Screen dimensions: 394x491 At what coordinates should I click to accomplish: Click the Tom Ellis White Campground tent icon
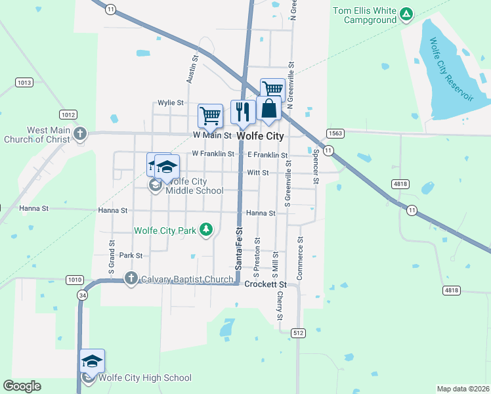406,13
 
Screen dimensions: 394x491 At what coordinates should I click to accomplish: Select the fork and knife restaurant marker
243,112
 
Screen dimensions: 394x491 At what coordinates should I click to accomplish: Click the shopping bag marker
269,108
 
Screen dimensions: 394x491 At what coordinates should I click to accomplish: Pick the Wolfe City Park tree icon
207,229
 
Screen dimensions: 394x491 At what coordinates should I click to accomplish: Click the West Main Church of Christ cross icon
80,134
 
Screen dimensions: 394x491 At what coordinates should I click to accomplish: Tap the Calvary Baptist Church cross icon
131,278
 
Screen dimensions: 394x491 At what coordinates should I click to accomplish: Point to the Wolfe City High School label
146,378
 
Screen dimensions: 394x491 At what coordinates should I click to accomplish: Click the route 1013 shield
24,82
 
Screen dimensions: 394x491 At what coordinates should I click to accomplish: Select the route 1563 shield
334,133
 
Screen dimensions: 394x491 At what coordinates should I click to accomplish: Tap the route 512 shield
298,333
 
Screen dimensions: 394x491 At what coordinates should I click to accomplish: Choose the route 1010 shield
74,280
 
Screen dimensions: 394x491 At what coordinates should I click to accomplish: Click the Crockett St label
266,284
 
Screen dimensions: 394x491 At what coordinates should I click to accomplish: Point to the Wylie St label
170,103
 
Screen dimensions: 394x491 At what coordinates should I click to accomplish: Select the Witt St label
258,172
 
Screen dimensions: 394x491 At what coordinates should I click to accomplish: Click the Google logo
22,386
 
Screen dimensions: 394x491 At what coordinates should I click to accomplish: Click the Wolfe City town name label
261,136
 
